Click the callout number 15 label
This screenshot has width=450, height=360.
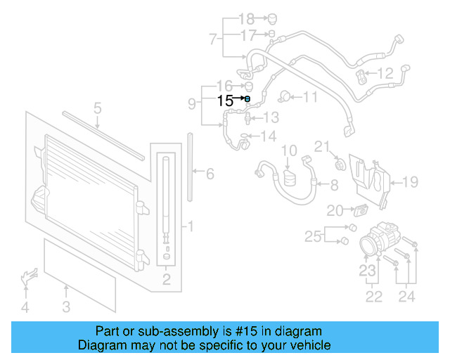225,101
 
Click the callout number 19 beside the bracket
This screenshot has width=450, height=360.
410,182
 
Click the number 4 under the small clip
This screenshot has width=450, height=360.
25,307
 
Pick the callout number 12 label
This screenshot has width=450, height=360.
385,72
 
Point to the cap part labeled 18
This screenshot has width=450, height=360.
271,18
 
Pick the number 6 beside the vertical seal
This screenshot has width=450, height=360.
209,173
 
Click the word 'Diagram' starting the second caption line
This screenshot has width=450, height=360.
101,346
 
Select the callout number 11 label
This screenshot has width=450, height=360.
310,98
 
